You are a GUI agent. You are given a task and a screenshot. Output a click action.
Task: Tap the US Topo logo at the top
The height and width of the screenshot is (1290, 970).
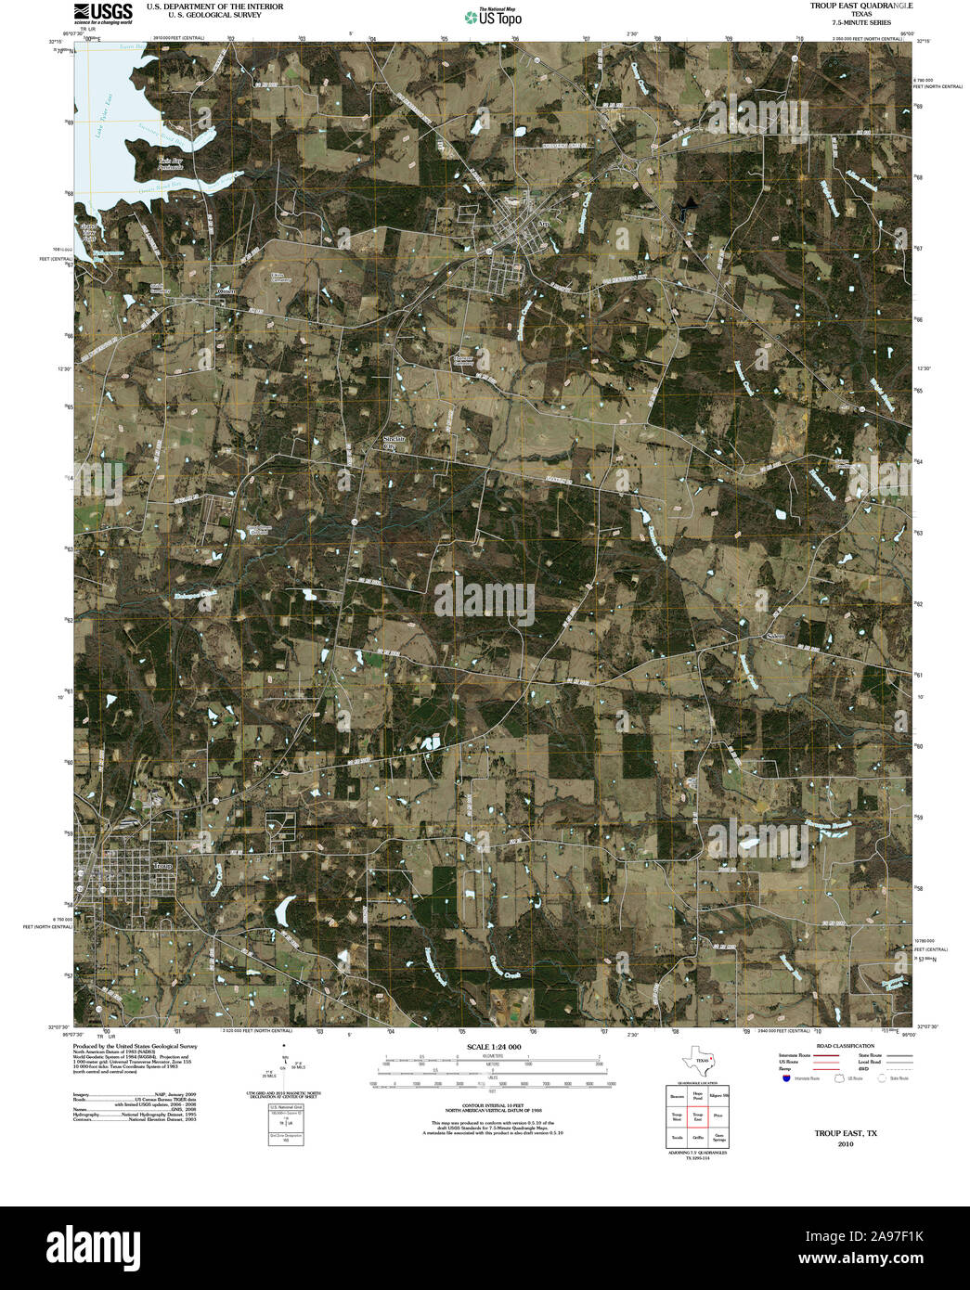click(494, 16)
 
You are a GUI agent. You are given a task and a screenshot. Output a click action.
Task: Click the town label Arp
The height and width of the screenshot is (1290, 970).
click(545, 225)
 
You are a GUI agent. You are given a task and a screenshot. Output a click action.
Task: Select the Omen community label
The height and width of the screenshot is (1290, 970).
click(226, 290)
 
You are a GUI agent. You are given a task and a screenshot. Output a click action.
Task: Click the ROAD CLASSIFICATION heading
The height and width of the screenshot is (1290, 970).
click(838, 1046)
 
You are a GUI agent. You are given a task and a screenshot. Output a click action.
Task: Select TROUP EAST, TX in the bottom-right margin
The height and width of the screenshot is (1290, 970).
click(846, 1133)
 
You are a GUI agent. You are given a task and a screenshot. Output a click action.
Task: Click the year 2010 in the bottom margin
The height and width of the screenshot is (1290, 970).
click(846, 1143)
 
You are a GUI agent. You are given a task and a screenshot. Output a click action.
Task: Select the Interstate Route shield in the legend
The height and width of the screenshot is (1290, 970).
click(786, 1078)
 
